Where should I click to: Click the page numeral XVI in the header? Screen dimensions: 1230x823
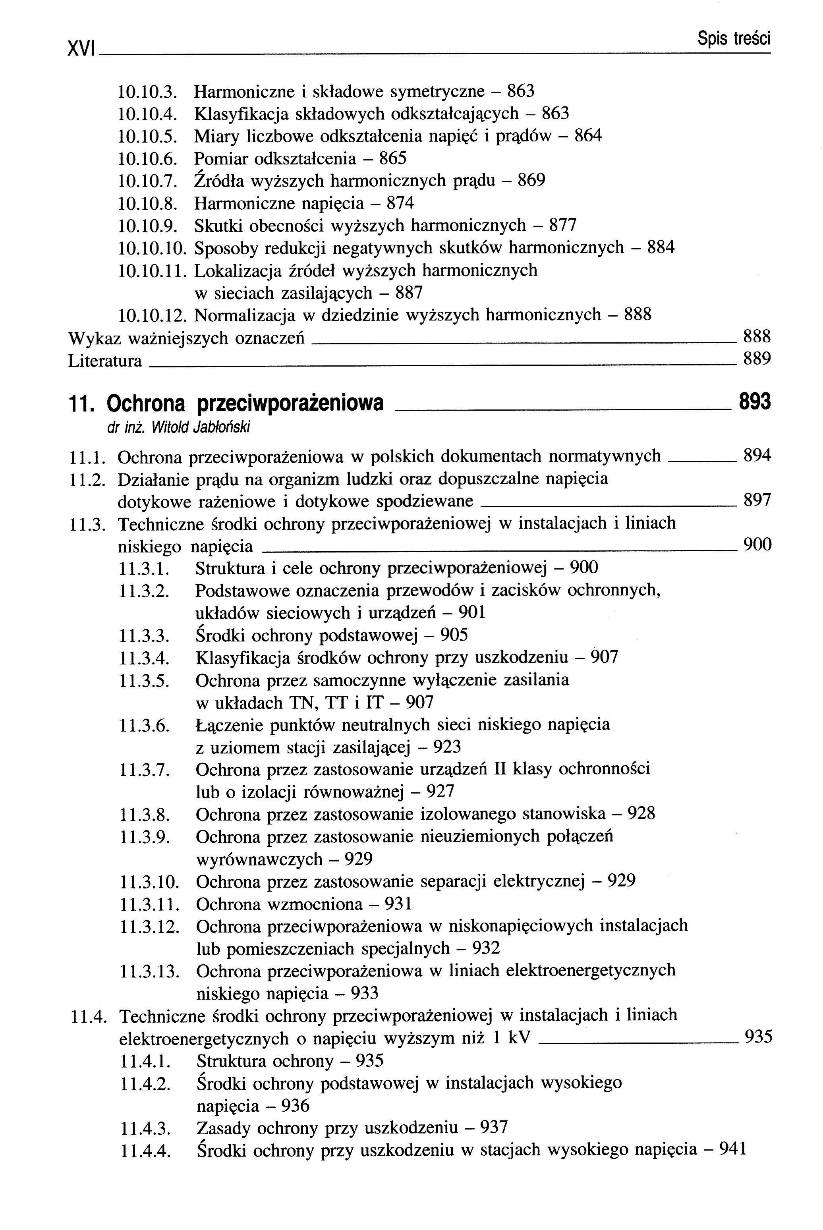click(x=80, y=48)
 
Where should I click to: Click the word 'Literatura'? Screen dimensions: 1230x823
click(x=105, y=361)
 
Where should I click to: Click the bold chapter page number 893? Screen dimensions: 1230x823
click(x=755, y=402)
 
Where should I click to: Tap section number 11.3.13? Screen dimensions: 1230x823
click(x=150, y=972)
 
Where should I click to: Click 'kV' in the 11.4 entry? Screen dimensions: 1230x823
click(x=520, y=1039)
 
